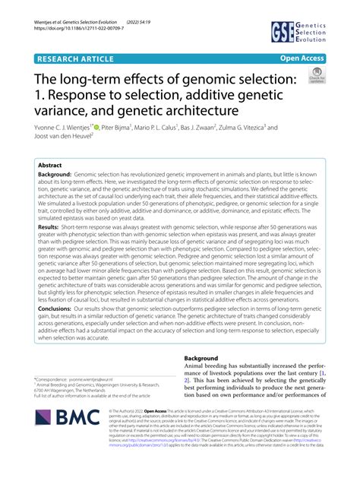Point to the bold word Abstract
[x=50, y=164]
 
